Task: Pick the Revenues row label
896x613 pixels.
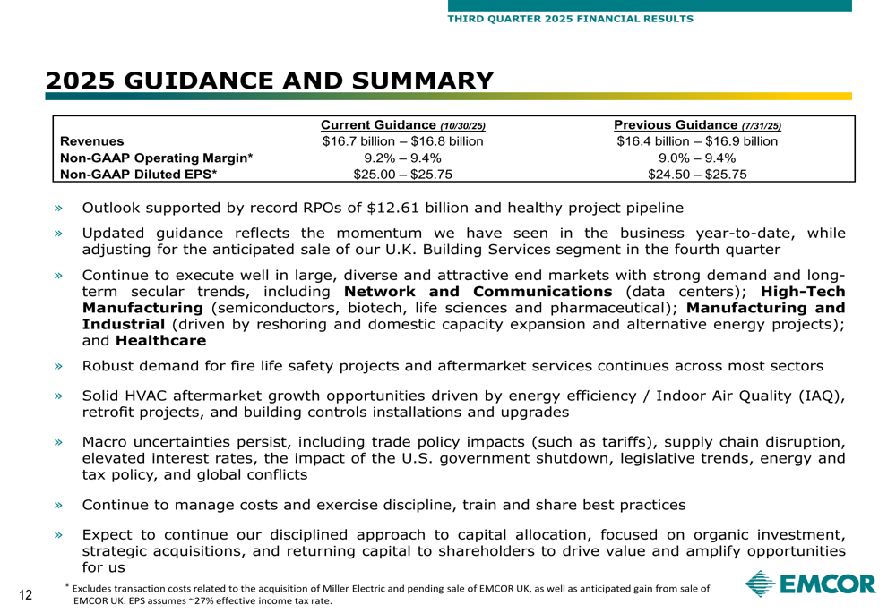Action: coord(92,141)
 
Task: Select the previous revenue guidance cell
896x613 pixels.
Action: coord(697,141)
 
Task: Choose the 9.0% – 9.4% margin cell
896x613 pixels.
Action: coord(697,158)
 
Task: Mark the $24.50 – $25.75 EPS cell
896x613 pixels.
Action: coord(697,175)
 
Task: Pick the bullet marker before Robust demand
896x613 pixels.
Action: coord(59,366)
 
